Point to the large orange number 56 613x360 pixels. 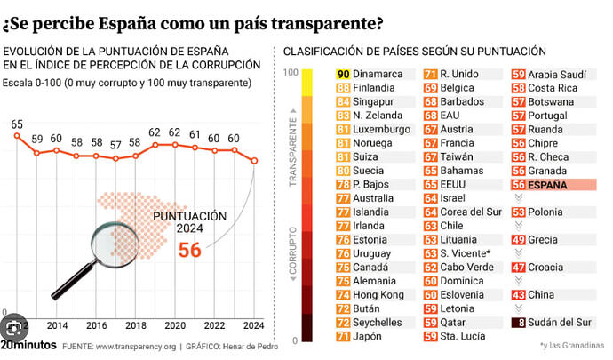189,251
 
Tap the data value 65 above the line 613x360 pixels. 17,125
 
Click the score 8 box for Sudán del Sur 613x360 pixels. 518,323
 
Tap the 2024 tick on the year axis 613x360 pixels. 255,325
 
